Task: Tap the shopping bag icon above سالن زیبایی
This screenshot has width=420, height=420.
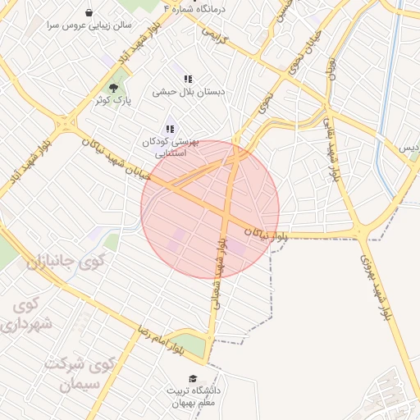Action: [89, 13]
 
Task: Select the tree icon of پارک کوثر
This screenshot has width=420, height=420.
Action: [113, 88]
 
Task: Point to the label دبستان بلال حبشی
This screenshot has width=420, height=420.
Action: [189, 93]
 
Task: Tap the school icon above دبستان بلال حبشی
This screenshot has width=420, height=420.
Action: [189, 80]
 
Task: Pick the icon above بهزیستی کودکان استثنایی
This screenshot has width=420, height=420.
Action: [170, 129]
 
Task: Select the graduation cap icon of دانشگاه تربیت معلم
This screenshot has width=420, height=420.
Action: [192, 379]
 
